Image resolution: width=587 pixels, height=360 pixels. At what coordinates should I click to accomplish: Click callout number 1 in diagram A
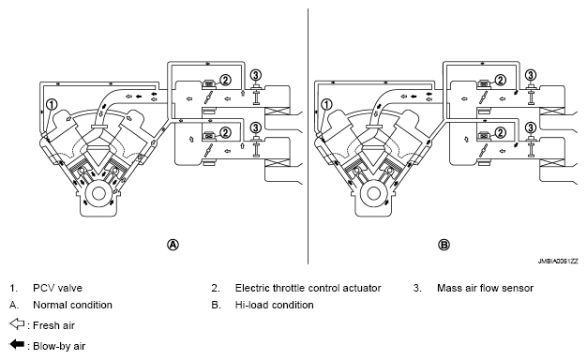[52, 105]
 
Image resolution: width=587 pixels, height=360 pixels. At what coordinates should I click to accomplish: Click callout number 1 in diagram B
[327, 105]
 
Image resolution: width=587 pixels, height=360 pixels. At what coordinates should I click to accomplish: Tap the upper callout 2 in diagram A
[225, 80]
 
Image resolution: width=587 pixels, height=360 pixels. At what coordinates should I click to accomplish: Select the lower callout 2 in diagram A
[225, 132]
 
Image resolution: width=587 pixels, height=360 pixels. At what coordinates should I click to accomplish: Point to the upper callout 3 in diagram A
[256, 75]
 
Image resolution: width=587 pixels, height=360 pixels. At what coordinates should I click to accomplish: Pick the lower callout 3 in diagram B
[531, 128]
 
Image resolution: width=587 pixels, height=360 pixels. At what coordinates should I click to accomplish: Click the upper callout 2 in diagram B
[501, 80]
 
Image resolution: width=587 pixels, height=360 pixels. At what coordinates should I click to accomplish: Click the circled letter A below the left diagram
[173, 245]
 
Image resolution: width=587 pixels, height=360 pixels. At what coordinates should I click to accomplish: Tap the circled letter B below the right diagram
[444, 245]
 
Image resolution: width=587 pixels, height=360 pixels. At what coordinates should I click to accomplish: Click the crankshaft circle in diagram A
[98, 193]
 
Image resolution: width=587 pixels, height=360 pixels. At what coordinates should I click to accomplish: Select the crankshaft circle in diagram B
[373, 193]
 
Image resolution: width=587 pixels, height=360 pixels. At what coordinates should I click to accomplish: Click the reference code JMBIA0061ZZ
[558, 262]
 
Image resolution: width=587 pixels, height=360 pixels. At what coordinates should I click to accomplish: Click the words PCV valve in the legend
[57, 288]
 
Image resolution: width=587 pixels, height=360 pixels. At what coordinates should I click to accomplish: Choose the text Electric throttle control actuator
[308, 288]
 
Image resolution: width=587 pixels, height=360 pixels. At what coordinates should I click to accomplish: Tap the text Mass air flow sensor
[485, 288]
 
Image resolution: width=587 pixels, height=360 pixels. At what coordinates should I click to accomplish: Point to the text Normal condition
[72, 305]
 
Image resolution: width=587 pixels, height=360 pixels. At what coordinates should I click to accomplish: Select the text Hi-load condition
[274, 305]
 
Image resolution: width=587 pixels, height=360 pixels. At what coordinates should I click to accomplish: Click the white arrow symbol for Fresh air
[17, 324]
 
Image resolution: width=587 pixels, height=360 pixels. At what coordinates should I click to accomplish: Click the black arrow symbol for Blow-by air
[17, 344]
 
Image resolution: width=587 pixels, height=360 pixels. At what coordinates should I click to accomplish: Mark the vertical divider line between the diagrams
[309, 136]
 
